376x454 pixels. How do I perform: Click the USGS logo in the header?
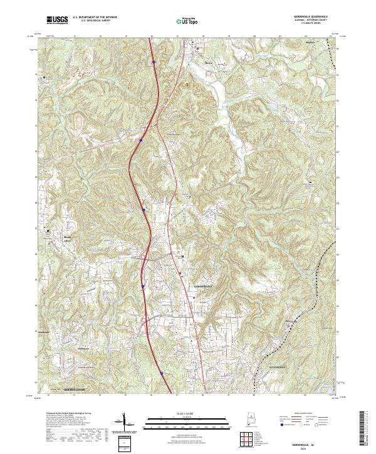click(58, 21)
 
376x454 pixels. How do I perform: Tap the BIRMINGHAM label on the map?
click(78, 389)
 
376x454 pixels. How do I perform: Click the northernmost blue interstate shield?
click(154, 61)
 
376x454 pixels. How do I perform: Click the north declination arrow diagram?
click(123, 423)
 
